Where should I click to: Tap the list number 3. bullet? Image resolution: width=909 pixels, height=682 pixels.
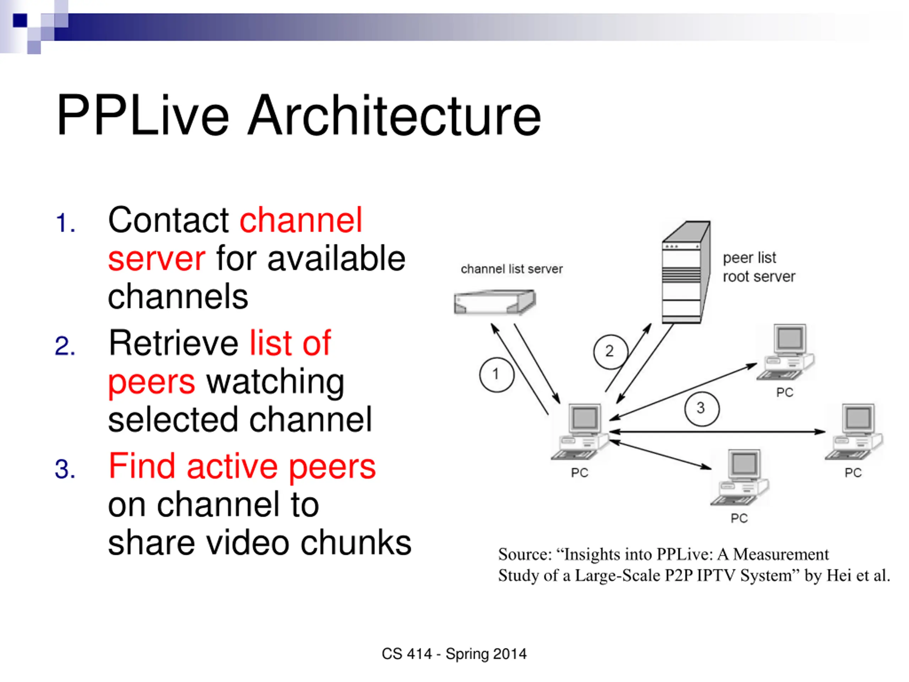coord(65,469)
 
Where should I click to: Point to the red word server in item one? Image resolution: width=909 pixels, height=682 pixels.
coord(157,259)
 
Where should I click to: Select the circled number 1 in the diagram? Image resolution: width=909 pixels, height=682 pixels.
coord(496,374)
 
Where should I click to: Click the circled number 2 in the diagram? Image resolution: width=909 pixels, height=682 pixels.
coord(611,352)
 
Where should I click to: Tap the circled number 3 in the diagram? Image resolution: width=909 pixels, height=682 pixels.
coord(702,408)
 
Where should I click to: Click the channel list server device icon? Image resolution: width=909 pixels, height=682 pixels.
coord(495,302)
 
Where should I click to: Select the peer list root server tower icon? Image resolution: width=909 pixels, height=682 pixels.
coord(686,272)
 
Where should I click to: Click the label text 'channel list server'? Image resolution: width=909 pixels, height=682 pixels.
coord(512,269)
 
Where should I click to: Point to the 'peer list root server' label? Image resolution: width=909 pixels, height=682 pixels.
coord(759,267)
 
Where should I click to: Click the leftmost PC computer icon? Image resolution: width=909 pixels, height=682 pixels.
coord(580,431)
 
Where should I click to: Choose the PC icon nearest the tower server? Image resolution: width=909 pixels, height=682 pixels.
coord(786,352)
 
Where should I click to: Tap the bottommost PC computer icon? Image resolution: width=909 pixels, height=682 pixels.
coord(740,477)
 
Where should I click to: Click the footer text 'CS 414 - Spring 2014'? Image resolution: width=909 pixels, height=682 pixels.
coord(454,654)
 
